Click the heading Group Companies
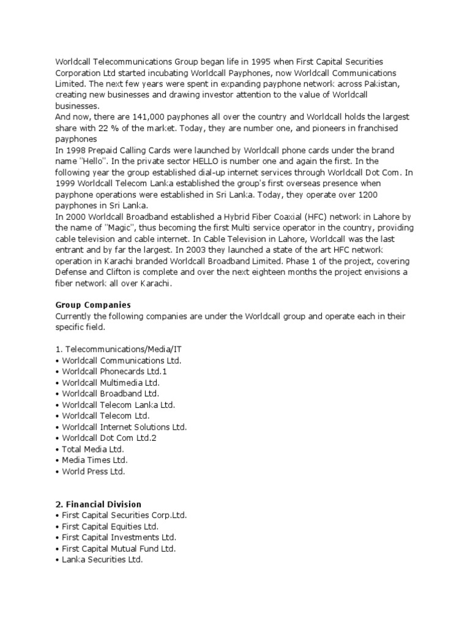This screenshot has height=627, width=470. tap(93, 304)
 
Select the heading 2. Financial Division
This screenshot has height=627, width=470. tap(98, 504)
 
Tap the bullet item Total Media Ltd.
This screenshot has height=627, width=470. tap(93, 449)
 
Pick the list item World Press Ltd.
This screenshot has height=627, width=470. tap(93, 471)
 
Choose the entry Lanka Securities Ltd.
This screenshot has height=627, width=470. tap(102, 559)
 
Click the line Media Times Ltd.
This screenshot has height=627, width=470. tap(95, 460)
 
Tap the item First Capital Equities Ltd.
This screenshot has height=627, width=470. tap(110, 526)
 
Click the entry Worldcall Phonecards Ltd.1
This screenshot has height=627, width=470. tap(114, 372)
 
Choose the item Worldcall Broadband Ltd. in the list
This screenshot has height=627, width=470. tap(110, 394)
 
